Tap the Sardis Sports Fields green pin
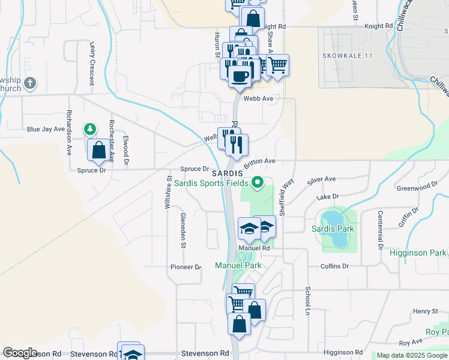258,181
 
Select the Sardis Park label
333,229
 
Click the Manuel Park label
238,265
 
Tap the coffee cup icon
240,76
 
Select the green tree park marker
89,129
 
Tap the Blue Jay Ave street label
46,129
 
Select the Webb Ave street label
258,98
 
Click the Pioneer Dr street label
185,267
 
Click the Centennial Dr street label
380,229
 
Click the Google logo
20,353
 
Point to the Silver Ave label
322,179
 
